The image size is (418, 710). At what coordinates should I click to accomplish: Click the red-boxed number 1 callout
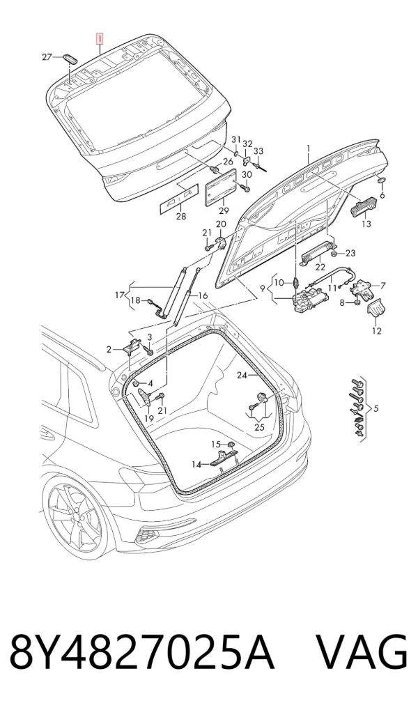pyautogui.click(x=99, y=39)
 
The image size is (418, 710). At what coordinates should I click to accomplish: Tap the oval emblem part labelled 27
pyautogui.click(x=70, y=58)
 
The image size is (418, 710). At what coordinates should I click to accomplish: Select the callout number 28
pyautogui.click(x=180, y=217)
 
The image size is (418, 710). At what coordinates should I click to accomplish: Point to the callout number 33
pyautogui.click(x=258, y=151)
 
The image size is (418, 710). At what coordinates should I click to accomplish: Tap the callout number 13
pyautogui.click(x=366, y=224)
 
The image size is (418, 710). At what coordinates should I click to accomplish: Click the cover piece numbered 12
pyautogui.click(x=375, y=311)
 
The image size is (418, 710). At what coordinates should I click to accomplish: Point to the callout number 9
pyautogui.click(x=263, y=288)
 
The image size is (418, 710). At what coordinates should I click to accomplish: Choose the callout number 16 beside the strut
pyautogui.click(x=203, y=296)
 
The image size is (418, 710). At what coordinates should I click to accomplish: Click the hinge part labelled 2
pyautogui.click(x=133, y=346)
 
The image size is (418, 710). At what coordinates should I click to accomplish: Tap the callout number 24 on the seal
pyautogui.click(x=242, y=375)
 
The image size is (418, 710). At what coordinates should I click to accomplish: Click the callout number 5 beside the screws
pyautogui.click(x=376, y=409)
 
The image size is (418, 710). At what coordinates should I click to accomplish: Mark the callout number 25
pyautogui.click(x=259, y=427)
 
